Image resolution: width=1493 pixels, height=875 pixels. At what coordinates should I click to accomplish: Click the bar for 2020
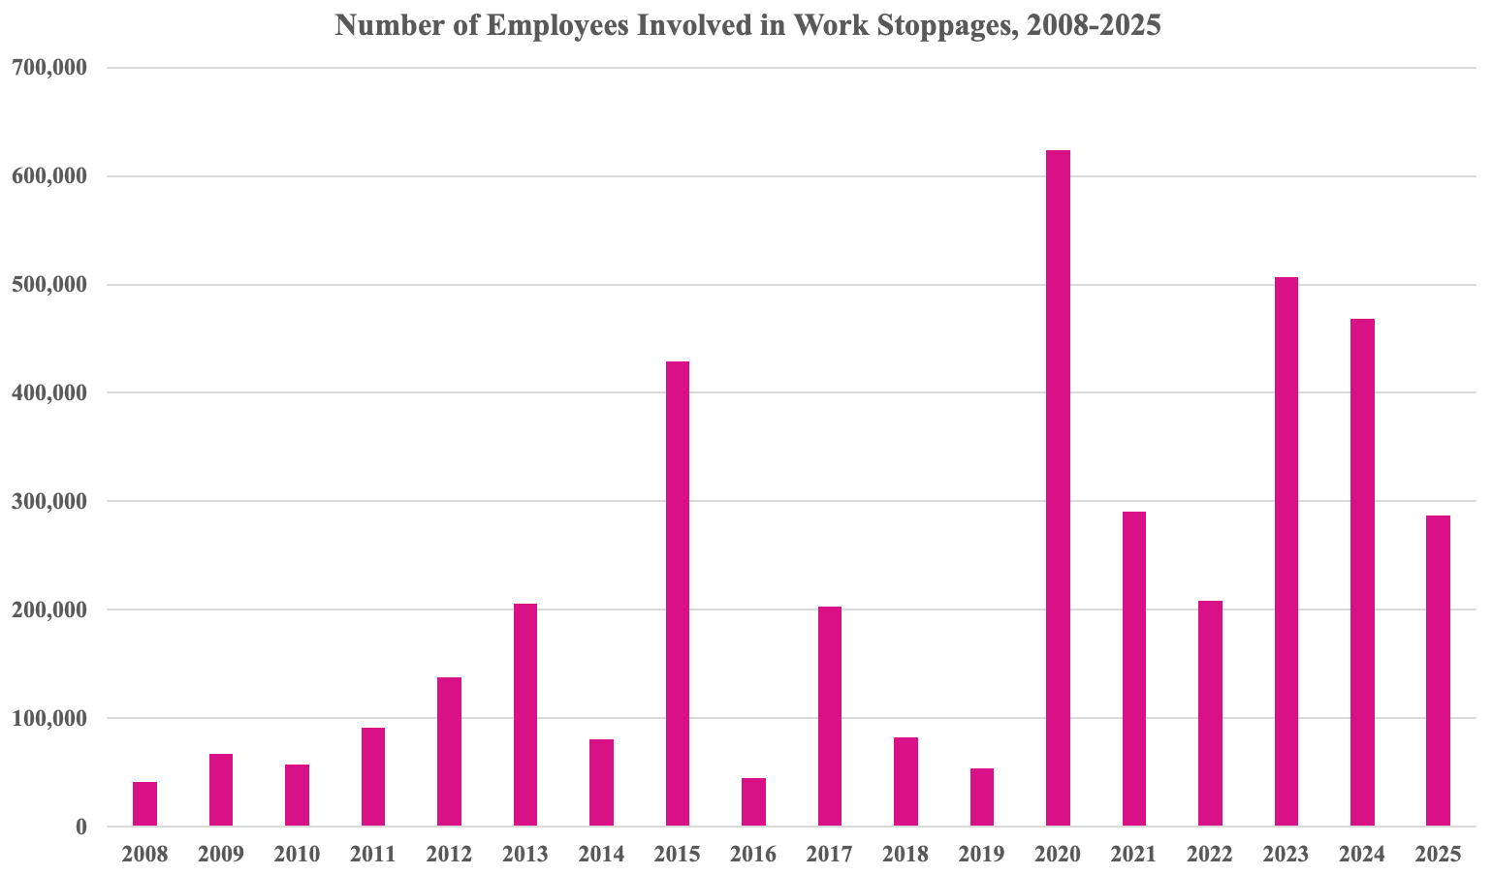click(x=1058, y=488)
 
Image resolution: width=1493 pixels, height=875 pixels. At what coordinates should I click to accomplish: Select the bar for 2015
click(x=678, y=594)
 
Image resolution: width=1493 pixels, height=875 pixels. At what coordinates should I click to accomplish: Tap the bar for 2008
click(x=145, y=804)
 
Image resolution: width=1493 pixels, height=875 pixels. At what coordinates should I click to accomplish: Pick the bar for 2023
click(x=1287, y=552)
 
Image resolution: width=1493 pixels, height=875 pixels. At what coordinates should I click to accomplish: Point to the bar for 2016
click(x=753, y=802)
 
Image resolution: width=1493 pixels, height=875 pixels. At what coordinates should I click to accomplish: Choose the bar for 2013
click(x=525, y=715)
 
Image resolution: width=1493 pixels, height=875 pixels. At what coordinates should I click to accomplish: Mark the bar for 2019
click(x=982, y=797)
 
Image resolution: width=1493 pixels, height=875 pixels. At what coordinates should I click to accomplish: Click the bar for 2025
click(x=1439, y=671)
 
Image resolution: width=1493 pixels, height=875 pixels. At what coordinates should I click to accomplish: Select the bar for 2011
click(x=373, y=777)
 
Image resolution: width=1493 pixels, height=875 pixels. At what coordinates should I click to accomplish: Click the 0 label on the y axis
click(x=81, y=827)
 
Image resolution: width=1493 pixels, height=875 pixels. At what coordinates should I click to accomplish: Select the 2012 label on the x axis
click(x=449, y=855)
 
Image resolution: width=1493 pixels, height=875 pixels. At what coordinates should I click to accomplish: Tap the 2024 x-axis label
click(x=1362, y=855)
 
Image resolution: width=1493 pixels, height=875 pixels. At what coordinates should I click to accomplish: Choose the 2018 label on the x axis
click(x=905, y=855)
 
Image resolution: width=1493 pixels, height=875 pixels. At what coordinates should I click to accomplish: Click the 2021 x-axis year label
click(x=1134, y=855)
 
